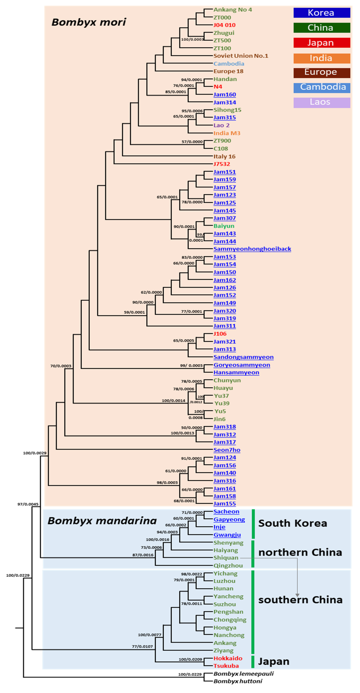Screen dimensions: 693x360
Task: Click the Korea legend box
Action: click(x=322, y=13)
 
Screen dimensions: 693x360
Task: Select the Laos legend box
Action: click(x=322, y=102)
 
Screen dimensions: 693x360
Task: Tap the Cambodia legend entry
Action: click(x=322, y=87)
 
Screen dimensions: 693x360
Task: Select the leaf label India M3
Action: click(x=227, y=133)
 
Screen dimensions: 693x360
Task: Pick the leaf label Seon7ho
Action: click(x=227, y=450)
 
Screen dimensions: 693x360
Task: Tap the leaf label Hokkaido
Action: click(x=228, y=658)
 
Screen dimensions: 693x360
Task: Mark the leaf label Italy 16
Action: click(x=224, y=156)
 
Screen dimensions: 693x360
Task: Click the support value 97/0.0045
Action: click(x=28, y=504)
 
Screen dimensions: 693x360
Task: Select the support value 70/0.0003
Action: click(x=61, y=366)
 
